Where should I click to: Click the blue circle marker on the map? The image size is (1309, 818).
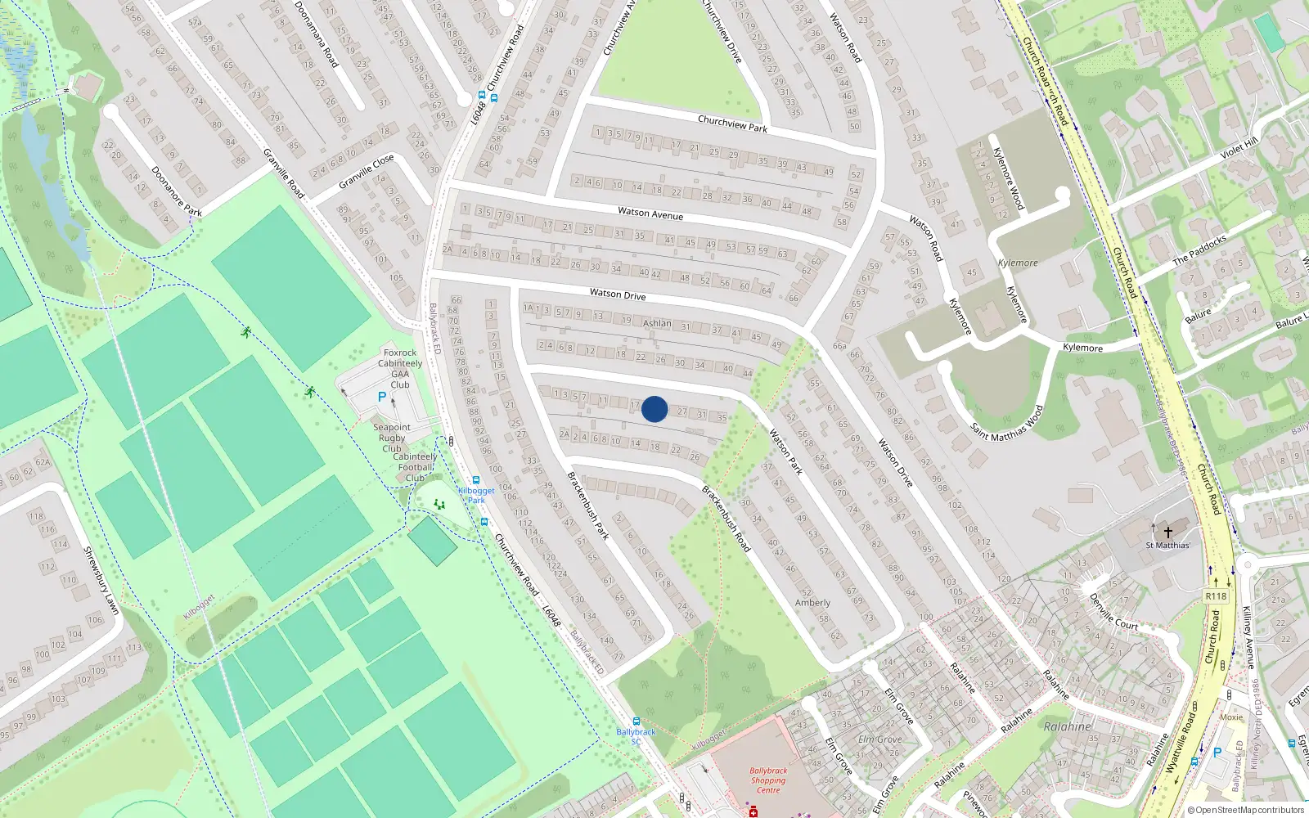coord(654,409)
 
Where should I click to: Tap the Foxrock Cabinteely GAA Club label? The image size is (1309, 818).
coord(400,368)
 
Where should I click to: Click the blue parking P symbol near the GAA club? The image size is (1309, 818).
coord(381,397)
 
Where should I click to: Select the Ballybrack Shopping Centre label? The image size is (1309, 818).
coord(768,780)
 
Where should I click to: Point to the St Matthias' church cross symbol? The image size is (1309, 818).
coord(1168,531)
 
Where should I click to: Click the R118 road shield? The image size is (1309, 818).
coord(1216,596)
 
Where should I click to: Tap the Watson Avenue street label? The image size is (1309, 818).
coord(650,213)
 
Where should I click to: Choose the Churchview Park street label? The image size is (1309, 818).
coord(732,124)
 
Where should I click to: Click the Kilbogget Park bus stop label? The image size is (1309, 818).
coord(476,495)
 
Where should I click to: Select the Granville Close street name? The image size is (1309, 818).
coord(367,170)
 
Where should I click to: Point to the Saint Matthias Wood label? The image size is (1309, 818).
coord(1007,424)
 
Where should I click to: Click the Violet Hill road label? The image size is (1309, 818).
coord(1239,149)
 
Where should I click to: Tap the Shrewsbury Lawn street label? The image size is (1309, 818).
coord(101,580)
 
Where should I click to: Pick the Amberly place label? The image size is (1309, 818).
coord(812,603)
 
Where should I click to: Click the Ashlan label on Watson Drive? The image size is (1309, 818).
coord(657,323)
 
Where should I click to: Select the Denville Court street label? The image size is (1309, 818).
coord(1113,612)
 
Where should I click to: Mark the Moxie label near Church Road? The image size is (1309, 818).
coord(1231,717)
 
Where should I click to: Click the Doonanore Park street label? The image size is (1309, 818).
coord(177,191)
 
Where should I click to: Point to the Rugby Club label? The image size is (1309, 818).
coord(392,438)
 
